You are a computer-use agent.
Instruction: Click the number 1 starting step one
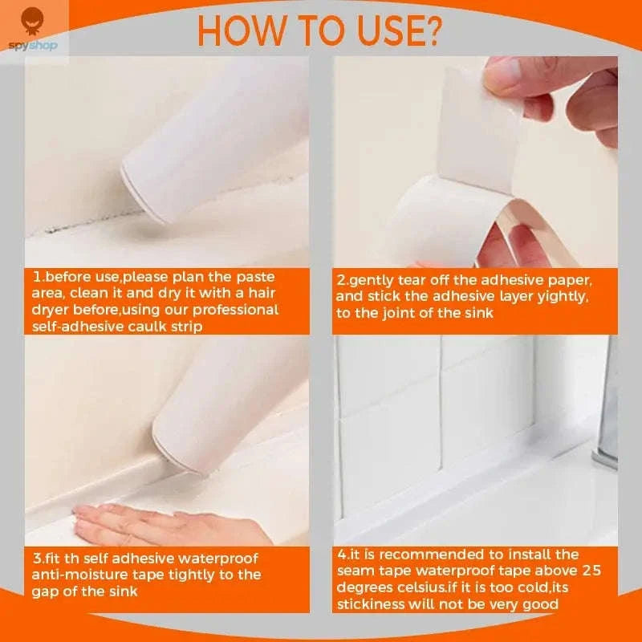36,277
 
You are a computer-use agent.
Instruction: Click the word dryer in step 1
52,310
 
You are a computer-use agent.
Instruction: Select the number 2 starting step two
341,281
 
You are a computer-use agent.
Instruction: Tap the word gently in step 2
372,281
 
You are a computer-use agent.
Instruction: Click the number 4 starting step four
342,555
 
